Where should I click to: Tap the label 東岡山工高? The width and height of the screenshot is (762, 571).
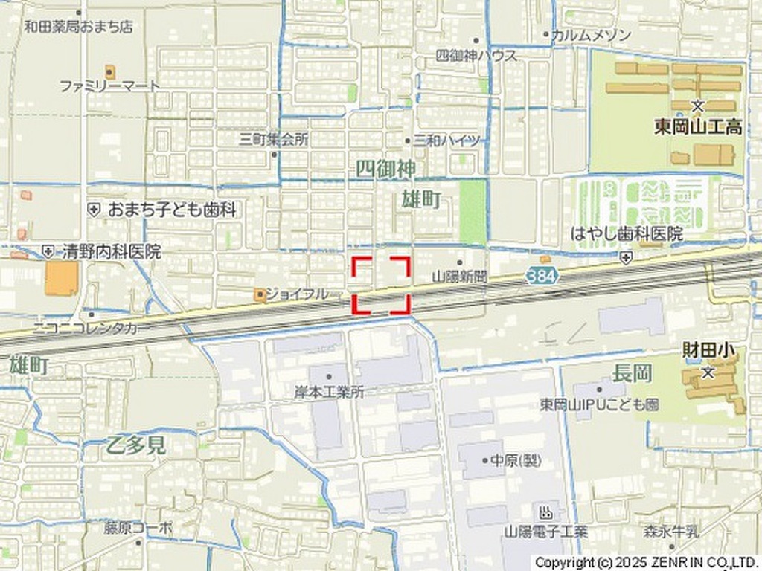(x=698, y=127)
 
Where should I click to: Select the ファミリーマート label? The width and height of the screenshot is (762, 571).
(x=109, y=86)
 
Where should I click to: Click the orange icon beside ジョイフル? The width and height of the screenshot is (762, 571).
(x=259, y=295)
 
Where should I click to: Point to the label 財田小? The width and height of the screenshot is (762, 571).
(x=704, y=350)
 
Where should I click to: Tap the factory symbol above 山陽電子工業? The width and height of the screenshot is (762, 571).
(x=545, y=512)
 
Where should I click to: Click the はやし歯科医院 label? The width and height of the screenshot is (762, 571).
(x=627, y=234)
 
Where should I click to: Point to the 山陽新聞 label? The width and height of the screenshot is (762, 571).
(x=459, y=276)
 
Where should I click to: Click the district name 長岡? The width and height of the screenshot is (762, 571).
(x=632, y=373)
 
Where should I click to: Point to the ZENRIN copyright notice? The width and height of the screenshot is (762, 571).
(x=645, y=562)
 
